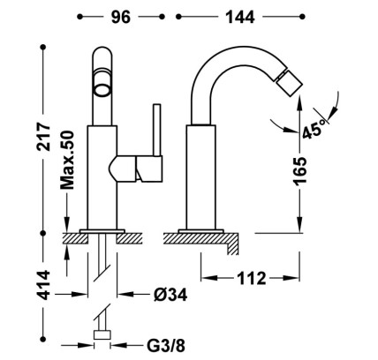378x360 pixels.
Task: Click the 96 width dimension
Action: tap(120, 17)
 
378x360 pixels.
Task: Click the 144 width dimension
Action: tap(240, 17)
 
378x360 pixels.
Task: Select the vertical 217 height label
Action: tap(44, 137)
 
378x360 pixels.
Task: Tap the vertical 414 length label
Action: tap(44, 285)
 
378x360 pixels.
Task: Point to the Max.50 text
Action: tap(67, 161)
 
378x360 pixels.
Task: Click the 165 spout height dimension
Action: tap(300, 170)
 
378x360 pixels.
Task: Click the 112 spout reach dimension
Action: tap(252, 278)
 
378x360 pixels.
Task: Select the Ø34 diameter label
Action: tap(170, 294)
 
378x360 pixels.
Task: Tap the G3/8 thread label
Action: tap(166, 346)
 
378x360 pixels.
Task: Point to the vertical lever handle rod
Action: tap(156, 130)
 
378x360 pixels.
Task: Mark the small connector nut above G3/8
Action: tap(102, 334)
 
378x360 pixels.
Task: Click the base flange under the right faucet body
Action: tap(201, 231)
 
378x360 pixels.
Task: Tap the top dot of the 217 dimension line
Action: tap(43, 47)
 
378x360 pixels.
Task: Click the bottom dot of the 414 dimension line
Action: tap(43, 339)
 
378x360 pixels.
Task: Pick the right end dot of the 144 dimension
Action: tap(302, 17)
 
